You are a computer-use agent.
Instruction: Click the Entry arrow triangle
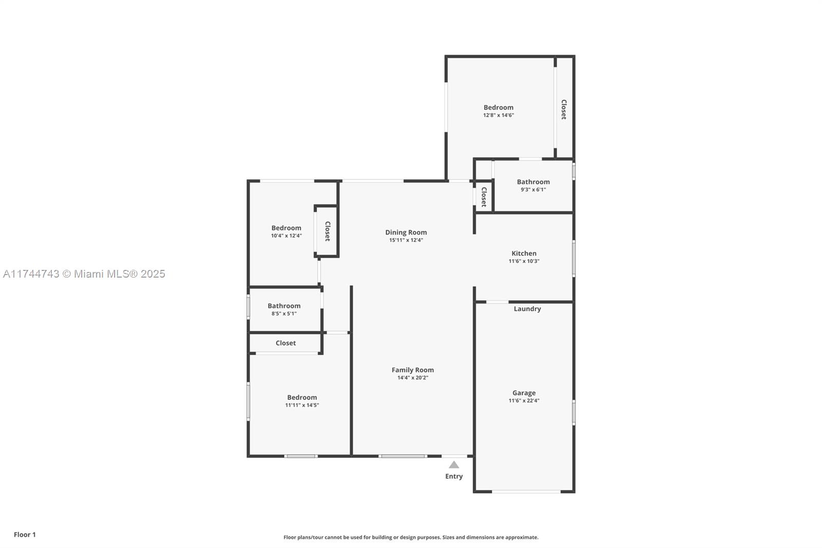(454, 465)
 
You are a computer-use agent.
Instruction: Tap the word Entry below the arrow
(454, 477)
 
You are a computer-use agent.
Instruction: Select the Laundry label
(527, 309)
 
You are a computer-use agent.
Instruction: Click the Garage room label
(524, 393)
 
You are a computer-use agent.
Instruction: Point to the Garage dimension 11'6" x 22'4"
(524, 400)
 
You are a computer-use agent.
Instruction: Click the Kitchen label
(524, 253)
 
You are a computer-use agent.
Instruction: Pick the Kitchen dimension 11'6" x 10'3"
(524, 261)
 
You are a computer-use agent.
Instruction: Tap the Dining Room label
(406, 232)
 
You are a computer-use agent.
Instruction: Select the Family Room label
(413, 370)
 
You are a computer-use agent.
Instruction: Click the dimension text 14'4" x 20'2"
(413, 378)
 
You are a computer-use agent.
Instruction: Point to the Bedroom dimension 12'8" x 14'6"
(498, 115)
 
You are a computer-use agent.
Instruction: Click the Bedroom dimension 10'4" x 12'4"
(286, 236)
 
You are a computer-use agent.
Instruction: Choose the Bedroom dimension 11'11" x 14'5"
(302, 405)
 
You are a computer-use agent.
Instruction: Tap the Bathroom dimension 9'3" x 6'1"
(533, 190)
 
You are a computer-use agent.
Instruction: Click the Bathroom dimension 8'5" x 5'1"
(284, 314)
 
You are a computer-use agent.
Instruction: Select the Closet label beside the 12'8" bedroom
(564, 109)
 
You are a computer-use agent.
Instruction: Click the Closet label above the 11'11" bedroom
(286, 343)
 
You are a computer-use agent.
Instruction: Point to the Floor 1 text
(25, 535)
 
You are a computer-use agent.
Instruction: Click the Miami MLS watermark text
(84, 274)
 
